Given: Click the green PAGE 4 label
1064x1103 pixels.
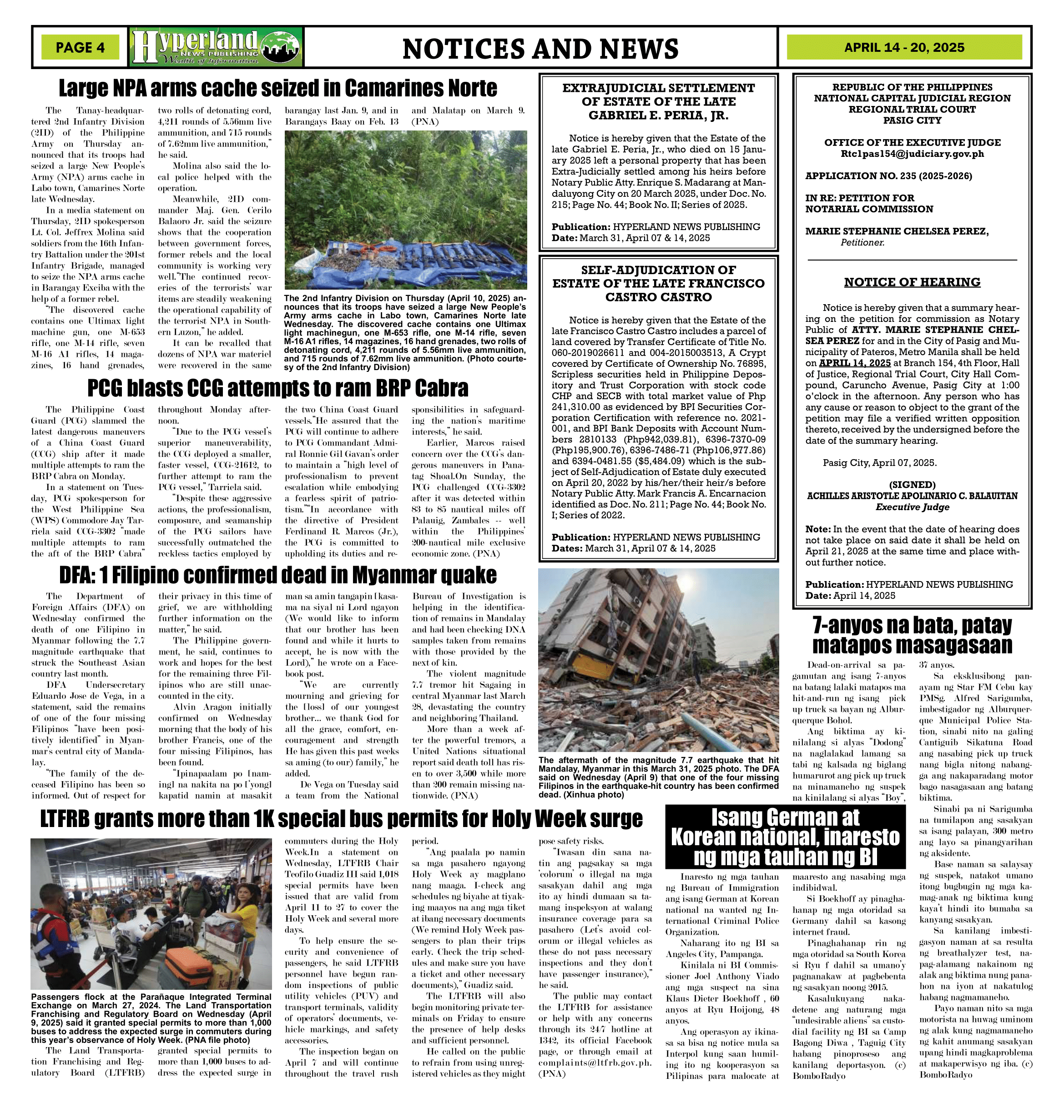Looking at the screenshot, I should (80, 47).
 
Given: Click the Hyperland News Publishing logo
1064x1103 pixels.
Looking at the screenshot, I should (216, 47).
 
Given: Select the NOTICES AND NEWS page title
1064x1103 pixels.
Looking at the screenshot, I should (540, 49).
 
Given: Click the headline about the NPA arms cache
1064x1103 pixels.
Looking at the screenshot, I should (277, 88).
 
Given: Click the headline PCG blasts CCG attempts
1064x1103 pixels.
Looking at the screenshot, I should (277, 388).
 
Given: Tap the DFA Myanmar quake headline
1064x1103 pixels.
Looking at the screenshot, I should (277, 575).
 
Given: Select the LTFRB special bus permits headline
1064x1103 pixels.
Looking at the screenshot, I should (341, 819).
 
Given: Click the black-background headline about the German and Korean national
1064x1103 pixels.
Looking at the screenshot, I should (785, 837).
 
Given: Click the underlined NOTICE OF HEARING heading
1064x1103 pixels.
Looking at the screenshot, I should (912, 282).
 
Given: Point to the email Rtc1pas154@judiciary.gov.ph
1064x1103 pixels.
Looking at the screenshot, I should (912, 154).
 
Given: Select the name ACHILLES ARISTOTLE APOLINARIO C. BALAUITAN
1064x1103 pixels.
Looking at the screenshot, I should (912, 496).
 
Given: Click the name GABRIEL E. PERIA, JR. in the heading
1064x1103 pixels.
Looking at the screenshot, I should (658, 115).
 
